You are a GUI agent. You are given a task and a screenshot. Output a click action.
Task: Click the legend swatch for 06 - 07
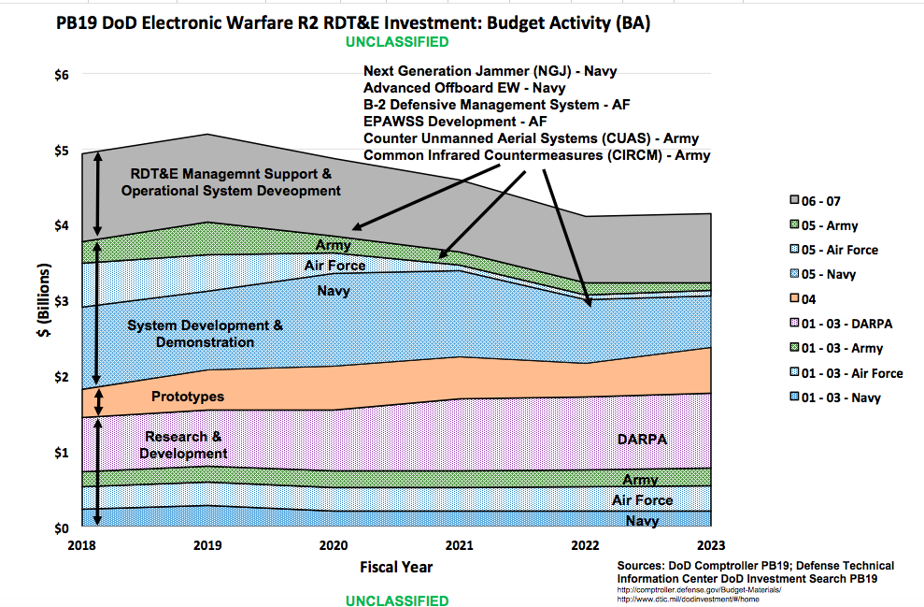pyautogui.click(x=795, y=200)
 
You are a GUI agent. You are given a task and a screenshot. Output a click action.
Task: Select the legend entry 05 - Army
pyautogui.click(x=829, y=225)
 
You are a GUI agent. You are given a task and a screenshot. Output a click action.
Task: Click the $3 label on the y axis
pyautogui.click(x=62, y=301)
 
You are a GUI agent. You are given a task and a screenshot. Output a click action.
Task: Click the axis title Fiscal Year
pyautogui.click(x=396, y=567)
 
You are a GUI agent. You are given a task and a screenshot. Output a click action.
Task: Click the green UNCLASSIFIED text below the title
pyautogui.click(x=396, y=42)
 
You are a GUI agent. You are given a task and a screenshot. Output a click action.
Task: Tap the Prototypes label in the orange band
pyautogui.click(x=188, y=397)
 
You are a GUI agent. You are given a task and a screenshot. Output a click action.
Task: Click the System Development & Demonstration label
pyautogui.click(x=205, y=334)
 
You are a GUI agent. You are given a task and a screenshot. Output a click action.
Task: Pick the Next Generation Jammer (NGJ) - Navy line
pyautogui.click(x=490, y=71)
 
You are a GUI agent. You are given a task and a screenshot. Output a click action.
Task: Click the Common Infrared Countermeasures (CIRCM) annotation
pyautogui.click(x=536, y=155)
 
